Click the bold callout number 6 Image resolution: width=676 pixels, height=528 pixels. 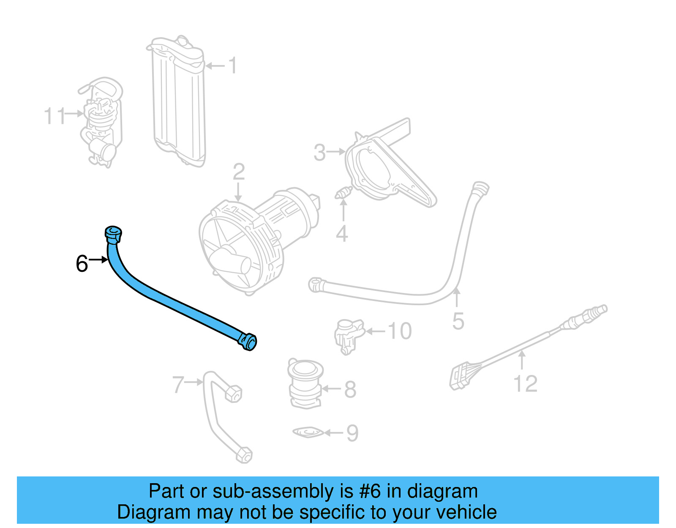click(x=82, y=264)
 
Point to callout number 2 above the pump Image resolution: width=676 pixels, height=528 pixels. click(x=239, y=172)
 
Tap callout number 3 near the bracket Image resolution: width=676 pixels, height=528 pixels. click(x=320, y=153)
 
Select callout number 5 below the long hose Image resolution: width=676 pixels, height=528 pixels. click(x=458, y=321)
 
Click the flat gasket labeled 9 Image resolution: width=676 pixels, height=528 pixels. click(x=308, y=432)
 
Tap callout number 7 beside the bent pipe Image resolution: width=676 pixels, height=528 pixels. click(x=178, y=385)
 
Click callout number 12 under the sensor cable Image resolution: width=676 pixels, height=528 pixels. click(x=525, y=384)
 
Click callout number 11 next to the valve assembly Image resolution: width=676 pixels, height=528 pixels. click(x=55, y=115)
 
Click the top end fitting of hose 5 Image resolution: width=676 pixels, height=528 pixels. click(x=480, y=188)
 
